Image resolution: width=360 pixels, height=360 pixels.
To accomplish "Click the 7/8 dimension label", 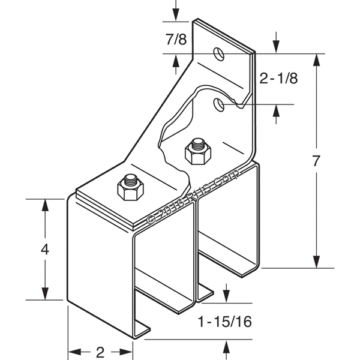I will (175, 40).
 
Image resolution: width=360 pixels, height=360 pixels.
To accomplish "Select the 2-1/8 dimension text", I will (280, 78).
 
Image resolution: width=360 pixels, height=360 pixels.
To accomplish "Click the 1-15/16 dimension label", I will (224, 322).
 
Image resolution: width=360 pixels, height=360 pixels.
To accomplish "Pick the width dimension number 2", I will (100, 350).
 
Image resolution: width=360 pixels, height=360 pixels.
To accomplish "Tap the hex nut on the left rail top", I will (130, 188).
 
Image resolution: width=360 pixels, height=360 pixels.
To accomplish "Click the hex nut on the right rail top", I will (197, 151).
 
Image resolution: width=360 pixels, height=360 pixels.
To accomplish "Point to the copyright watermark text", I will (193, 196).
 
